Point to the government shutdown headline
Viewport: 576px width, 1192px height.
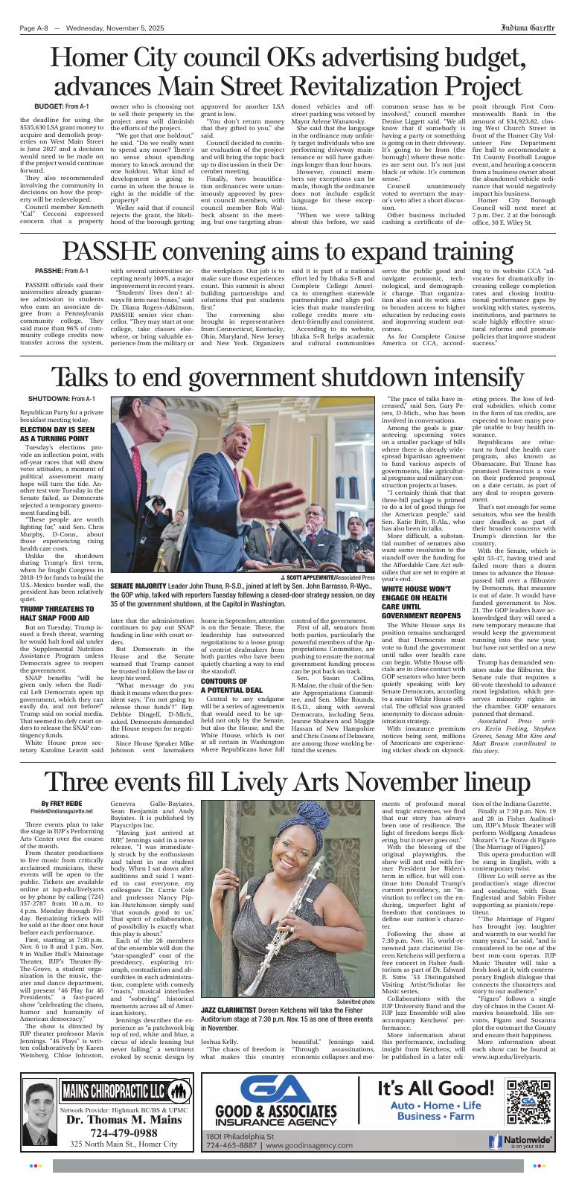coord(287,374)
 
